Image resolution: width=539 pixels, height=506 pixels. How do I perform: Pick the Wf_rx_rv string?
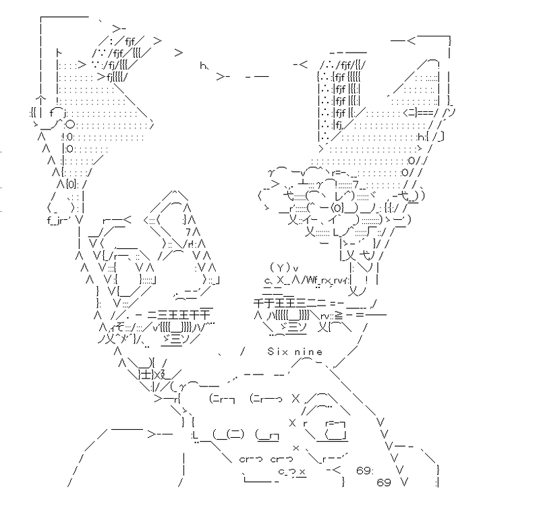pos(323,279)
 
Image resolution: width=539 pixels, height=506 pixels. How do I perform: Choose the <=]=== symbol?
pos(418,112)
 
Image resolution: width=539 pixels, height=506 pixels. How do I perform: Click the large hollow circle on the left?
pos(69,123)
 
